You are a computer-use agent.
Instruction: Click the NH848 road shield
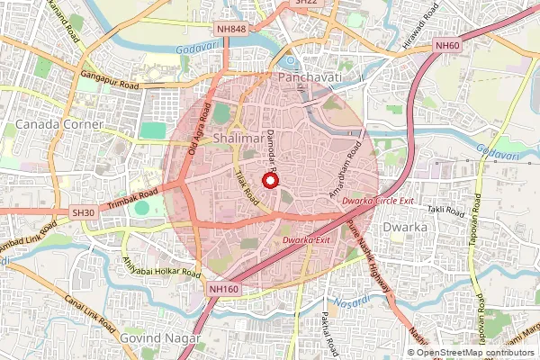pos(231,30)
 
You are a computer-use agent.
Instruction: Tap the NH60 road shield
pos(446,45)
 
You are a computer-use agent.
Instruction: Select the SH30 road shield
pos(83,212)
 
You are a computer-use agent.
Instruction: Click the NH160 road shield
pos(222,288)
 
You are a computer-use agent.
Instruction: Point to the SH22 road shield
pos(307,4)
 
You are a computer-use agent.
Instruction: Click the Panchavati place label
pos(310,79)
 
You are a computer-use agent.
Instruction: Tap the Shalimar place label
pos(239,138)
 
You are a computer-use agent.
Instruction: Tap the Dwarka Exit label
pos(306,240)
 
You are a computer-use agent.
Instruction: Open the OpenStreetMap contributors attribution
pos(476,352)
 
